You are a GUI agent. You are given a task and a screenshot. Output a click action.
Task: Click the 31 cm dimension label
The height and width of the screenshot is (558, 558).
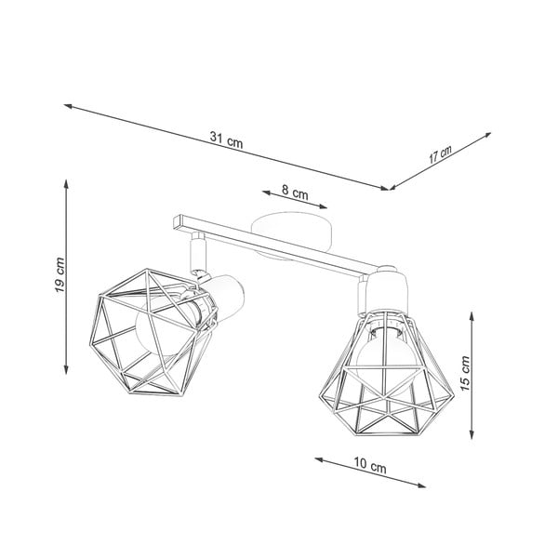226,140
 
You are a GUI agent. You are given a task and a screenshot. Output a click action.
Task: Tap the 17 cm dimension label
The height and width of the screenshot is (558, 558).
440,154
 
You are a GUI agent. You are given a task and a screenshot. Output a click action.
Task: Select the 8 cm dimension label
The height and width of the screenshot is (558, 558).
295,193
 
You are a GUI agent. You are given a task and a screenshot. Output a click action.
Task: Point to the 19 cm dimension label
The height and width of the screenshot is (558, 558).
59,276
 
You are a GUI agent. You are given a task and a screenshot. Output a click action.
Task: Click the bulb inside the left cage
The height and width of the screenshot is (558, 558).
158,326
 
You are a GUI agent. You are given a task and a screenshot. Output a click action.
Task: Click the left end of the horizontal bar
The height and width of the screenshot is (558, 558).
175,223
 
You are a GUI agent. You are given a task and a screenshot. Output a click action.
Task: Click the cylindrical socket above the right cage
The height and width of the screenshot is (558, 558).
384,290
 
